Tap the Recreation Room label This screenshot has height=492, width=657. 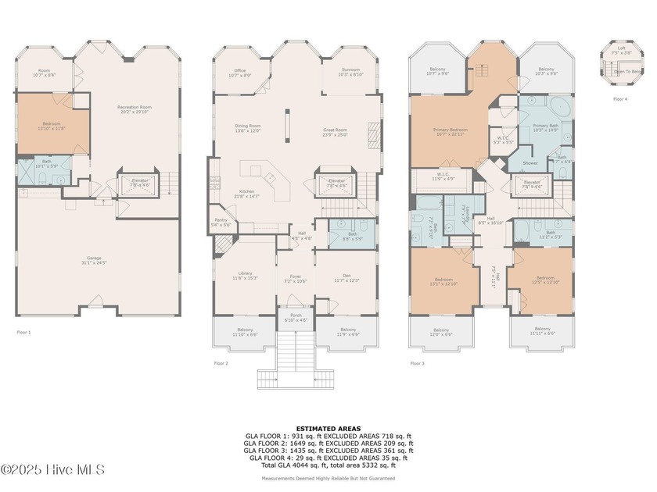[x=134, y=109]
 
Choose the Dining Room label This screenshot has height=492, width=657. [x=248, y=128]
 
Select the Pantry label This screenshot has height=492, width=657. [x=221, y=222]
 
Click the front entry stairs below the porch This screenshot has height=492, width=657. [x=295, y=359]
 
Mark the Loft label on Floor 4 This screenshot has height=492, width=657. [x=621, y=49]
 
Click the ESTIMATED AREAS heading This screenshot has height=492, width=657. [x=328, y=428]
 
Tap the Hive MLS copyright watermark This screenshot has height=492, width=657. [x=53, y=470]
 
